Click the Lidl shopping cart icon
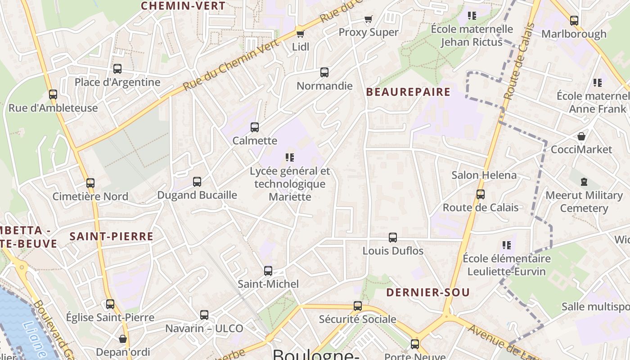pyautogui.click(x=300, y=34)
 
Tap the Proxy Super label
pyautogui.click(x=368, y=32)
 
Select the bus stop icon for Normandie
pyautogui.click(x=324, y=72)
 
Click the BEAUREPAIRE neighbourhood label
pyautogui.click(x=408, y=92)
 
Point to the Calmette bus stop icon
pyautogui.click(x=255, y=127)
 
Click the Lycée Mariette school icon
pyautogui.click(x=290, y=157)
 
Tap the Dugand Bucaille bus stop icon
pyautogui.click(x=197, y=182)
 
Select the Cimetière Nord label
pyautogui.click(x=90, y=196)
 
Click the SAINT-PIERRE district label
pyautogui.click(x=111, y=236)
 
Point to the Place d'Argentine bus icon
pyautogui.click(x=117, y=69)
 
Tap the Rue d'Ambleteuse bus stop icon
pyautogui.click(x=53, y=94)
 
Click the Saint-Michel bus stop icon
pyautogui.click(x=268, y=270)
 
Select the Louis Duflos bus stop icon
pyautogui.click(x=393, y=238)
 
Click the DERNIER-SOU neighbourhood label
pyautogui.click(x=428, y=292)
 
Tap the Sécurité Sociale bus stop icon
pyautogui.click(x=358, y=306)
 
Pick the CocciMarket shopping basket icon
pyautogui.click(x=581, y=136)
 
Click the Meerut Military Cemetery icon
pyautogui.click(x=584, y=182)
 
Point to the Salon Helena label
pyautogui.click(x=484, y=175)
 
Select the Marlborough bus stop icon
pyautogui.click(x=574, y=21)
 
